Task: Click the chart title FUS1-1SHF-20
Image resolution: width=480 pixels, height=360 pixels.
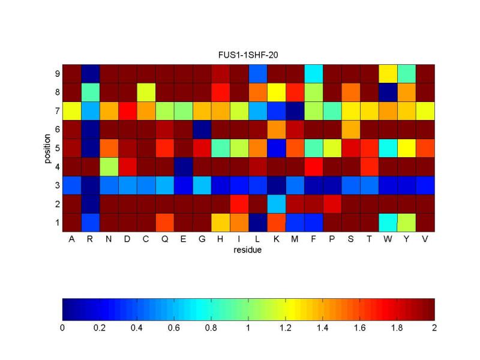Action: click(x=248, y=55)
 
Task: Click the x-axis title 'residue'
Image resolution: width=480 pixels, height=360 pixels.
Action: click(x=248, y=250)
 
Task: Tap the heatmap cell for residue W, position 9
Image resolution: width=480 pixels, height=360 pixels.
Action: click(x=388, y=74)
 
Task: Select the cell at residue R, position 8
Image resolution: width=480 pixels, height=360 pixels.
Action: click(x=90, y=92)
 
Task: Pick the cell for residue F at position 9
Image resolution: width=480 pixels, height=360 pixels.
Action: click(x=313, y=74)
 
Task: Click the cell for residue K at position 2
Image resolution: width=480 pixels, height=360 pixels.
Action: click(x=276, y=204)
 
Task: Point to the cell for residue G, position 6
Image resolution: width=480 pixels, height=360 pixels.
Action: click(x=202, y=130)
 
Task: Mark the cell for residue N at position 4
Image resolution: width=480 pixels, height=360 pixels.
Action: click(x=109, y=167)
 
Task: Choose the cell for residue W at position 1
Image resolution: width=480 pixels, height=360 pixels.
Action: click(x=388, y=223)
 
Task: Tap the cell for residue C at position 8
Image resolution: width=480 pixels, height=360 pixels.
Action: click(x=146, y=92)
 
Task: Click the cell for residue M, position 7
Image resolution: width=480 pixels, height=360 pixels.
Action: click(x=295, y=111)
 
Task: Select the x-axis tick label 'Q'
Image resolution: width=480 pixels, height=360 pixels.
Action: click(x=164, y=240)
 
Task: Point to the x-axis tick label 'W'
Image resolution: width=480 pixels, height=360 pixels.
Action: click(x=388, y=240)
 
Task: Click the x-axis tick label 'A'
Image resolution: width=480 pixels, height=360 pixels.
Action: click(x=71, y=240)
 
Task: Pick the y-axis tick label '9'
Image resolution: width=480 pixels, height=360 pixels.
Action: click(x=57, y=74)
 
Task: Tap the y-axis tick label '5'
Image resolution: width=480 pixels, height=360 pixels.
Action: click(x=57, y=148)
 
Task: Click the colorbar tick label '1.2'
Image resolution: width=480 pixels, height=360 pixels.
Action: click(x=286, y=328)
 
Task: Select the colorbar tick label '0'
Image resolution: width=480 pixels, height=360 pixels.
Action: click(x=62, y=328)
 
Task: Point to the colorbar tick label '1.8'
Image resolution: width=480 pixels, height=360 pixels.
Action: click(x=397, y=328)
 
